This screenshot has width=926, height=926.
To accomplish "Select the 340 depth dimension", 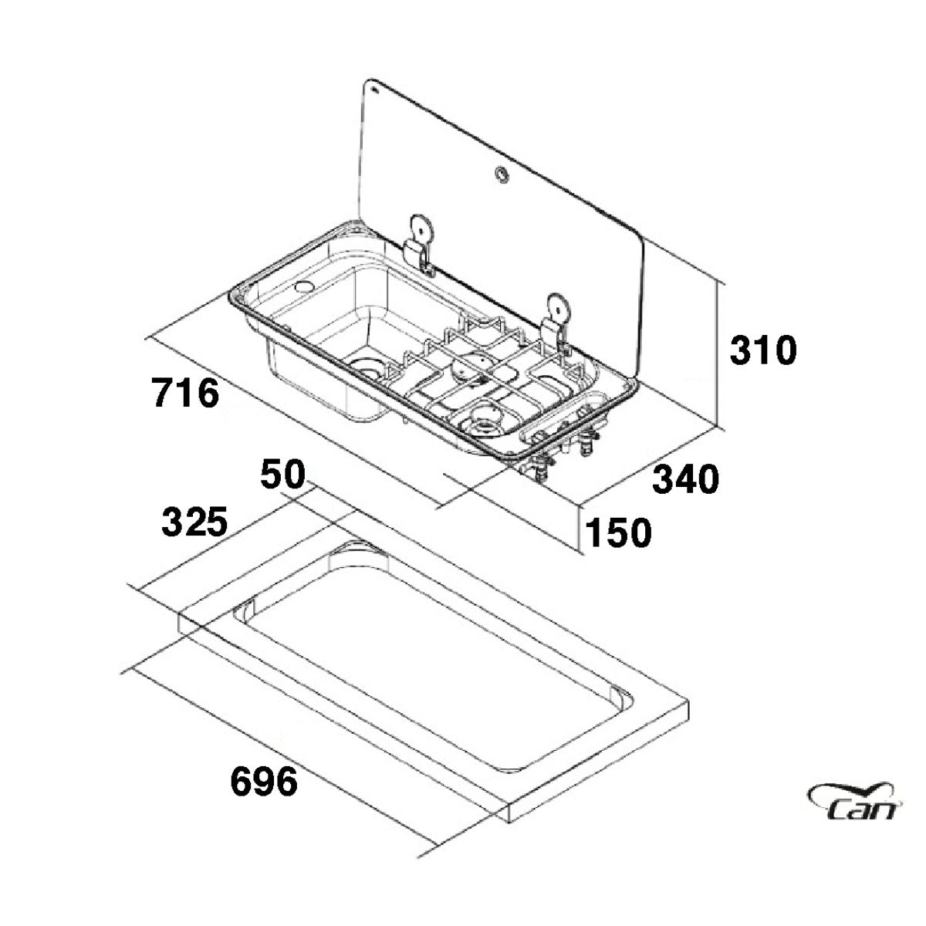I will (686, 479).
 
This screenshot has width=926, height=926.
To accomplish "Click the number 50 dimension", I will (282, 473).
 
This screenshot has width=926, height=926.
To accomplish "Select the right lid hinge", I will (555, 325).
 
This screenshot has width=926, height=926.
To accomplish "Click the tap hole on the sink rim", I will (308, 287).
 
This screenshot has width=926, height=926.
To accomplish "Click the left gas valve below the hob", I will (542, 461).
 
